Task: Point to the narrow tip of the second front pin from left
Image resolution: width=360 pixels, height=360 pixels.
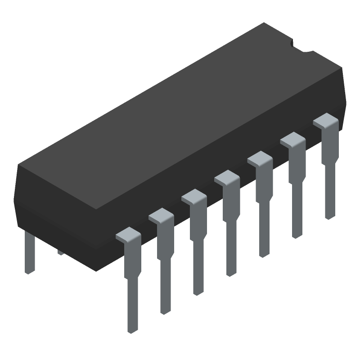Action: (x=165, y=306)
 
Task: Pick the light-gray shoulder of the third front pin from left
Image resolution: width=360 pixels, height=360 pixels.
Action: (x=194, y=197)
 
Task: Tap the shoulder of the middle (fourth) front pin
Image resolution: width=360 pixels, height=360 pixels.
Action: (x=227, y=178)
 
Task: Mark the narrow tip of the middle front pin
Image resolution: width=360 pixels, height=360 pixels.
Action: (x=231, y=268)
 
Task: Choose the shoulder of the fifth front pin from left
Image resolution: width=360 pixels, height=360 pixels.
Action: (x=260, y=159)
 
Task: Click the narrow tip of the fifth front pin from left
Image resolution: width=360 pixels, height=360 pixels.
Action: (x=264, y=249)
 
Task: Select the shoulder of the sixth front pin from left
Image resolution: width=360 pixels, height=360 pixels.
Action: (x=292, y=139)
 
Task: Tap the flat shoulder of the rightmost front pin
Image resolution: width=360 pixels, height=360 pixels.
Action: (x=325, y=121)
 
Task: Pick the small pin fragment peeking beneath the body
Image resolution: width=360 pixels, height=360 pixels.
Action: (x=60, y=253)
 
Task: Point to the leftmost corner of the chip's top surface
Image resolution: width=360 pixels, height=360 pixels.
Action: (x=18, y=166)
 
